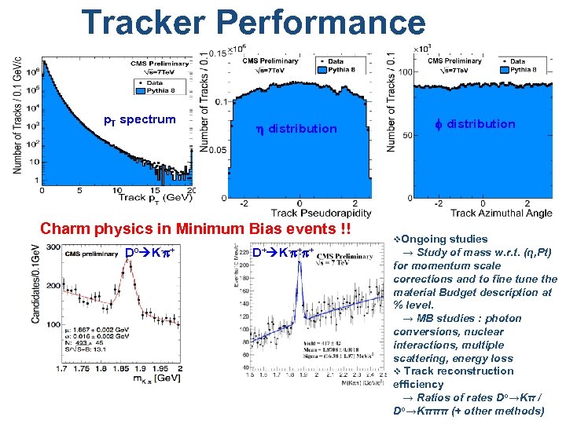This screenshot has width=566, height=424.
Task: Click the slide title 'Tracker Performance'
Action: coord(253,24)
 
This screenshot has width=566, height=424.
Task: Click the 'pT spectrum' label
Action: coord(140,119)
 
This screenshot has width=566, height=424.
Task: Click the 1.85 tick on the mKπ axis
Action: coord(119,368)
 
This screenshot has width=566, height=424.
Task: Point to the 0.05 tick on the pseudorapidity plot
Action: coord(215,149)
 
